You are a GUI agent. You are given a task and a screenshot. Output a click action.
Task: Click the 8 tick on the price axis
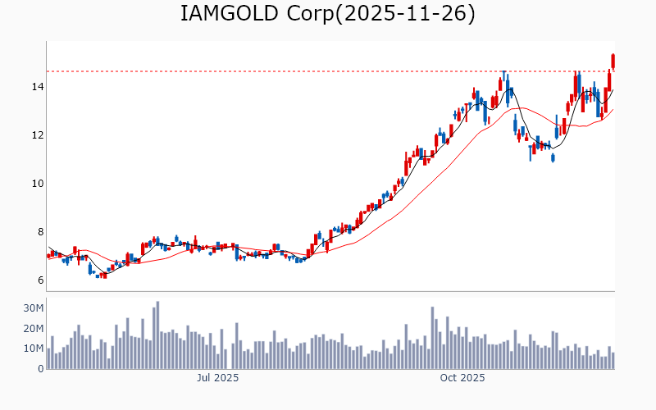coord(38,232)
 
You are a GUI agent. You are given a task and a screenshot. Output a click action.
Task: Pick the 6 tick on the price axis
coord(38,280)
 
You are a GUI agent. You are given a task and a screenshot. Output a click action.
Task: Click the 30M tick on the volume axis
coord(33,308)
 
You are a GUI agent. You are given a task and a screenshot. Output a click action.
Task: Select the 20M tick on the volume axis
coord(33,329)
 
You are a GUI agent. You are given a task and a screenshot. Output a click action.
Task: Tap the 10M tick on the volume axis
coord(33,348)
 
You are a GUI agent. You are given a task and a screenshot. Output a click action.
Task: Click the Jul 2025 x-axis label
coord(218,379)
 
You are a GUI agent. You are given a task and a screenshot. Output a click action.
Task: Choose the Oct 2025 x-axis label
coord(462,379)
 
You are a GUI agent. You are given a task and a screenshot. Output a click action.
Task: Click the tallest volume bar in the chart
coord(157,335)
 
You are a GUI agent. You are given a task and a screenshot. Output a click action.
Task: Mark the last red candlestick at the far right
coord(613,61)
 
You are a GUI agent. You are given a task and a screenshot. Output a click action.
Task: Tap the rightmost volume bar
coord(613,361)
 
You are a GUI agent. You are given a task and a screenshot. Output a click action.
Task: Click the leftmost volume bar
coord(48,359)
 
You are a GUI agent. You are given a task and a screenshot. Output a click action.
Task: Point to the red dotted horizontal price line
coord(328,71)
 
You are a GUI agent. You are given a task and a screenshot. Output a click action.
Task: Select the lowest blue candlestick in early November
coord(553,157)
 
